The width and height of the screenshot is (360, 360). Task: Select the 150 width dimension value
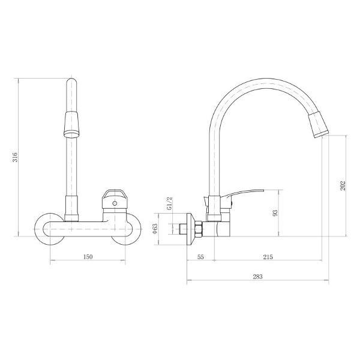tap(87, 257)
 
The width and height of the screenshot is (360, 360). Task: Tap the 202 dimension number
tap(343, 186)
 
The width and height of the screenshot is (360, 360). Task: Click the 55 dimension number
tap(200, 257)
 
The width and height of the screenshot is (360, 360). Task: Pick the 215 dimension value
tap(268, 257)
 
